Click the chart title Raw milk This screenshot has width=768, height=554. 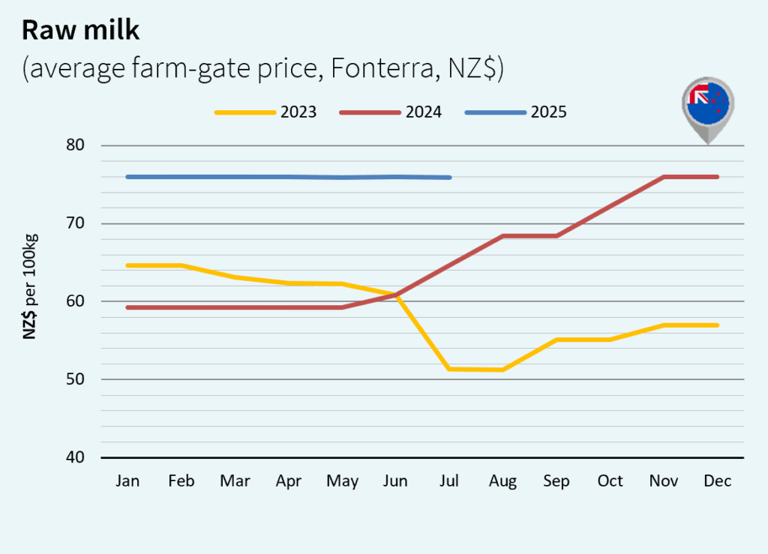pyautogui.click(x=82, y=30)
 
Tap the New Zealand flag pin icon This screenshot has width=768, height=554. pyautogui.click(x=708, y=109)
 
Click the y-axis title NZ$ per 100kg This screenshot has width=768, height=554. pyautogui.click(x=31, y=286)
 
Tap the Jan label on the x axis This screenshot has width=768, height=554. pyautogui.click(x=128, y=481)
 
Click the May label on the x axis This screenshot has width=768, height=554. pyautogui.click(x=342, y=481)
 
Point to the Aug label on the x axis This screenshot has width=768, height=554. pyautogui.click(x=502, y=481)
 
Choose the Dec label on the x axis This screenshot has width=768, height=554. pyautogui.click(x=717, y=481)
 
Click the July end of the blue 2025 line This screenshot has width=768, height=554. pyautogui.click(x=449, y=178)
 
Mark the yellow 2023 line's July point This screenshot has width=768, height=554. pyautogui.click(x=449, y=369)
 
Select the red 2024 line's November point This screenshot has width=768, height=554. pyautogui.click(x=664, y=177)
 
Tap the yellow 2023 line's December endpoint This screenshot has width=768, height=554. pyautogui.click(x=717, y=325)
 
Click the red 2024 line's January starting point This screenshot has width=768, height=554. pyautogui.click(x=128, y=307)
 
